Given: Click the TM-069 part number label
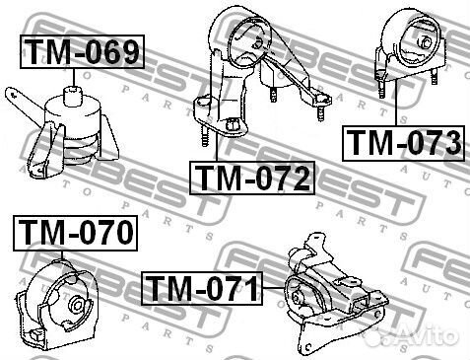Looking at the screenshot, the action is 82,51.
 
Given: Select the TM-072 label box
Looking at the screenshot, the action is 252,178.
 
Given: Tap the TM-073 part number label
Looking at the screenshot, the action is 404,143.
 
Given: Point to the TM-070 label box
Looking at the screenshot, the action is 75,233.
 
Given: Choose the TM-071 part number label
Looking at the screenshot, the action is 202,288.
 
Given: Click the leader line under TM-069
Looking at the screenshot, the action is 74,78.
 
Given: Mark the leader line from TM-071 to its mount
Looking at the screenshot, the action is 273,288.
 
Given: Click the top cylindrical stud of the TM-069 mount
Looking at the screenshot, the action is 73,96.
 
